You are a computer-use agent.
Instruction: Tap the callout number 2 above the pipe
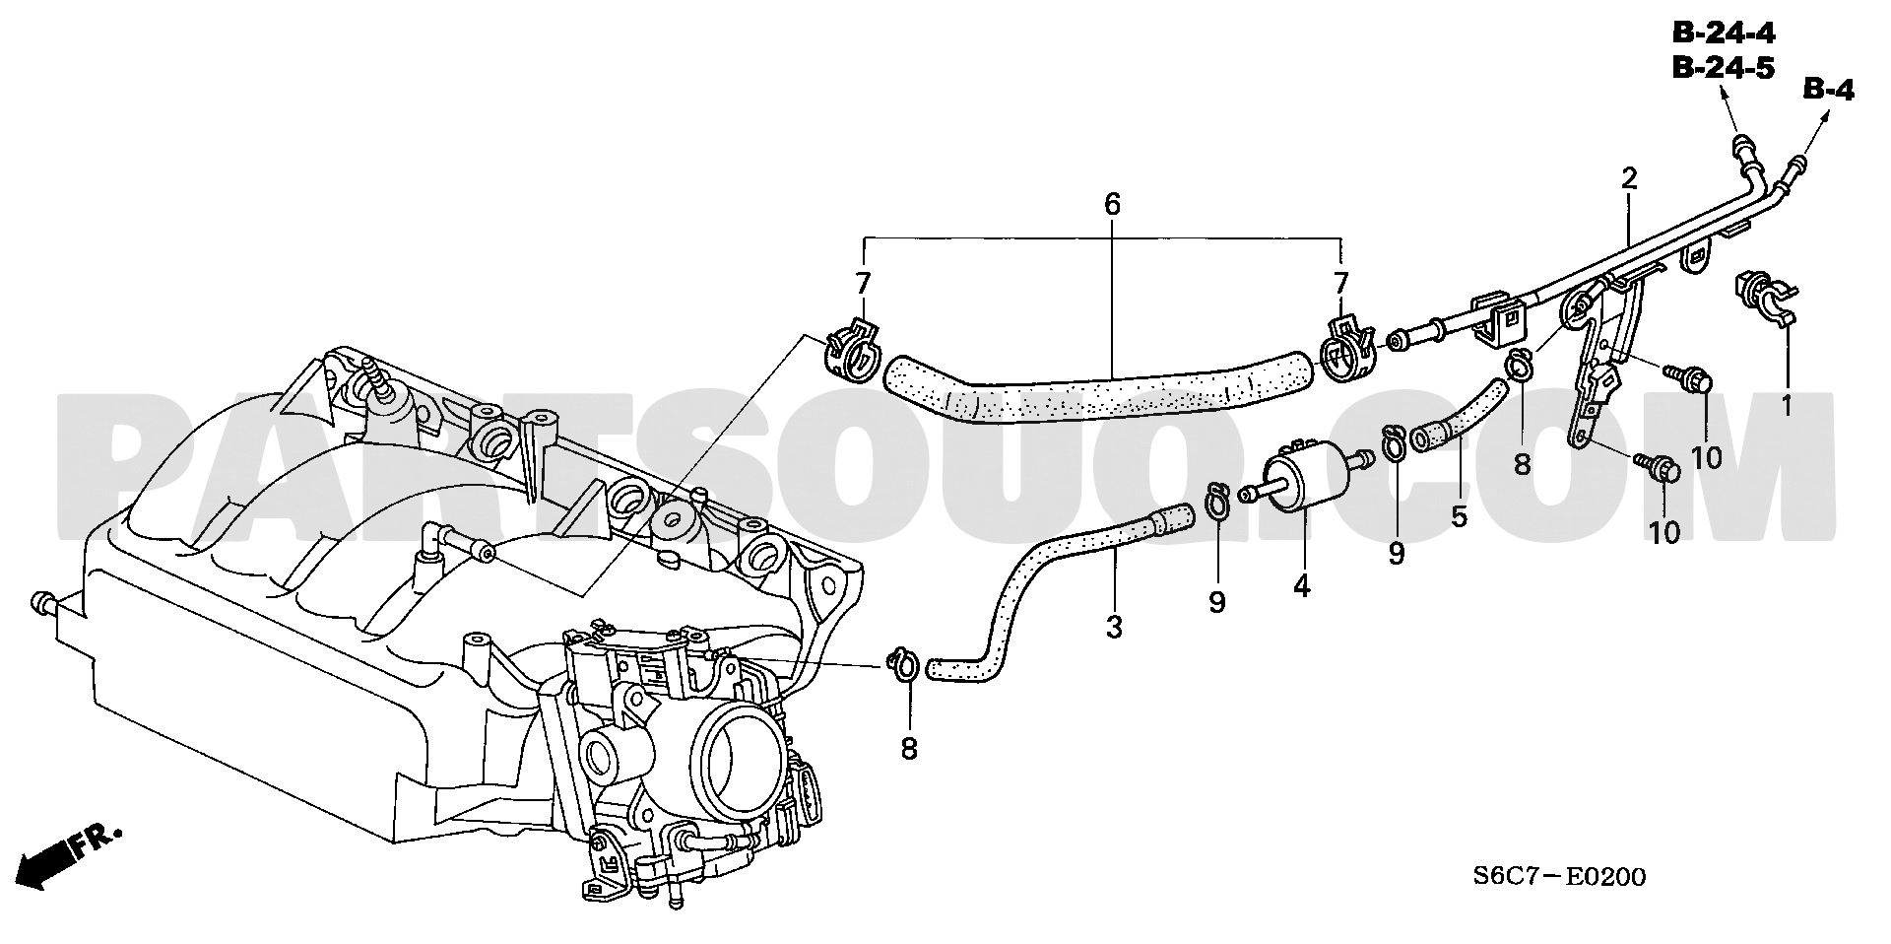point(1629,178)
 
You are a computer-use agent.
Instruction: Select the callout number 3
point(1114,627)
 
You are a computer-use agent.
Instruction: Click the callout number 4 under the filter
point(1302,586)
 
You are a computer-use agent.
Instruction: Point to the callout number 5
point(1459,515)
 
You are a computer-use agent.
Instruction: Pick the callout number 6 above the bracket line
point(1112,205)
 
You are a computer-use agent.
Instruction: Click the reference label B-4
point(1829,91)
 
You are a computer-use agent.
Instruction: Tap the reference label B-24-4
point(1724,34)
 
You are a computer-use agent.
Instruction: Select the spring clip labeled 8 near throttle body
point(904,665)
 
